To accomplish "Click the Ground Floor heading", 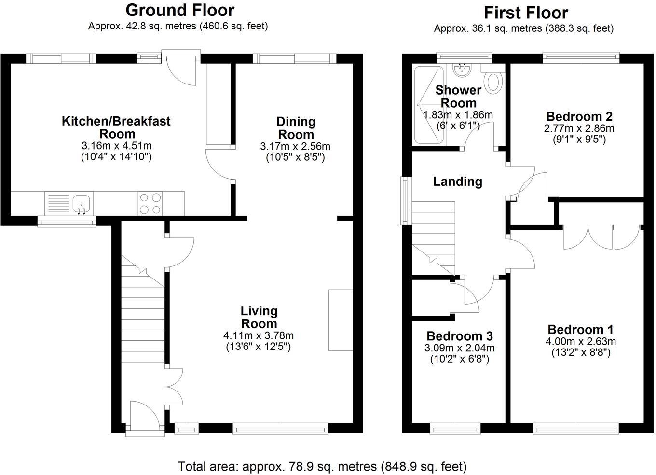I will point(180,10).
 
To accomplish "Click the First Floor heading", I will point(526,12).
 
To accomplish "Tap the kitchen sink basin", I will point(82,203).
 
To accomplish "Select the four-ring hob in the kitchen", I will point(150,203).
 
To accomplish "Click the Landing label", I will point(457,182).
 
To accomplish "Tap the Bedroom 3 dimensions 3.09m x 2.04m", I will point(459,348).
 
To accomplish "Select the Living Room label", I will point(259,317).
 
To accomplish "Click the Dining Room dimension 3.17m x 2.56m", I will point(295,146).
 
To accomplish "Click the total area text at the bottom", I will point(322,466).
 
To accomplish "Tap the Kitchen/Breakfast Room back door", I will point(181,68).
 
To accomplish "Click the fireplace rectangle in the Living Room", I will point(341,320).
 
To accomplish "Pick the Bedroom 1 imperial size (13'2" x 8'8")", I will point(581,352).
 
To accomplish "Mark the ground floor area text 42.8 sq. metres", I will point(178,26).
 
